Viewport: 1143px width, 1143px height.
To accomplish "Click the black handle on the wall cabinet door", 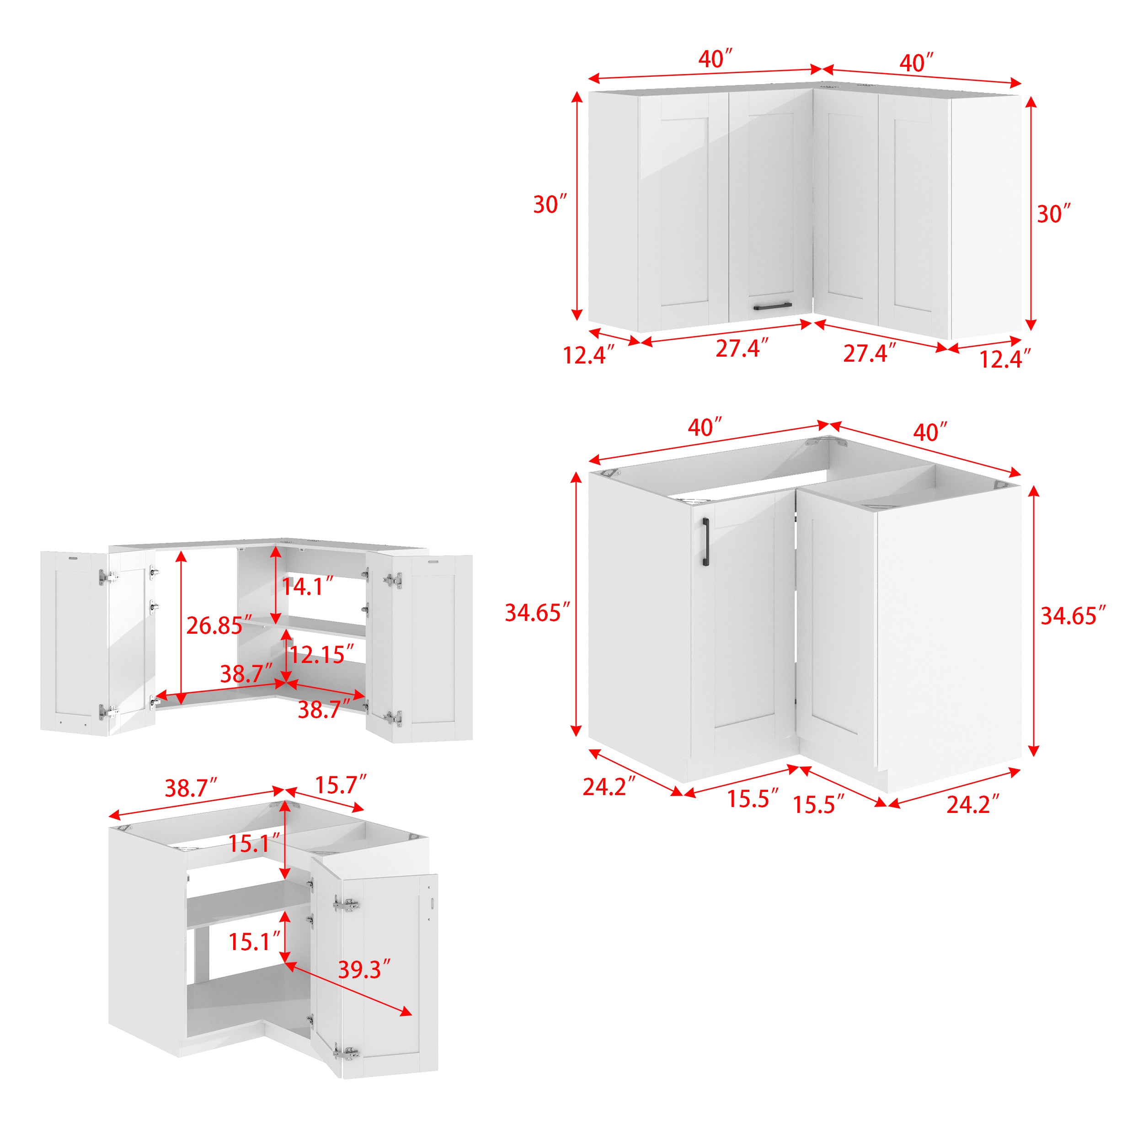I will [x=772, y=306].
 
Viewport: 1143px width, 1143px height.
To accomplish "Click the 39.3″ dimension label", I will [x=364, y=969].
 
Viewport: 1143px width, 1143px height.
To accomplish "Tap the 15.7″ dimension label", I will [x=340, y=785].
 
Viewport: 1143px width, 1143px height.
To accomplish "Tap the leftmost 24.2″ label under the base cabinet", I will [x=609, y=786].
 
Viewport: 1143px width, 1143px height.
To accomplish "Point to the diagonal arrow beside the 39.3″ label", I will [x=349, y=990].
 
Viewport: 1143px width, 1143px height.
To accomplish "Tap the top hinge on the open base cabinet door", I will [x=347, y=905].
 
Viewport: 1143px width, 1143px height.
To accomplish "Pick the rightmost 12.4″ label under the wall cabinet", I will [x=1004, y=358].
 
